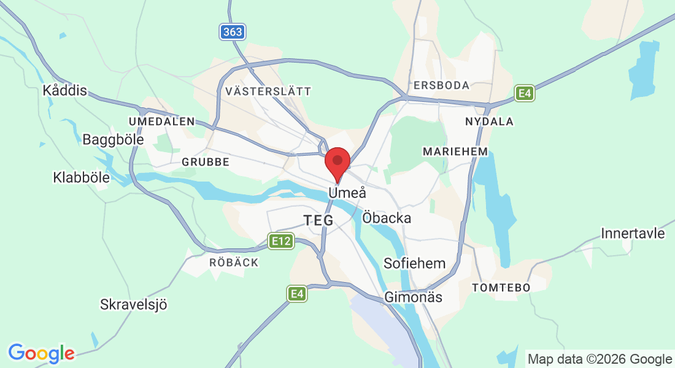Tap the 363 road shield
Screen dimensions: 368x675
click(233, 32)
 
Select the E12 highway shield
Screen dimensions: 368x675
click(281, 241)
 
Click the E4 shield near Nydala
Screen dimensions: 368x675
click(524, 93)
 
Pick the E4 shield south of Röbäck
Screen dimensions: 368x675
click(297, 294)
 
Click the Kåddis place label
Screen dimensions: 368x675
click(64, 91)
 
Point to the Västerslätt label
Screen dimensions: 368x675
click(268, 91)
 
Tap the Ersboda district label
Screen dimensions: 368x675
click(441, 85)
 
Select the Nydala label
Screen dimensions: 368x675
click(489, 121)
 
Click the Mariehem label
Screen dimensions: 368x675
click(455, 151)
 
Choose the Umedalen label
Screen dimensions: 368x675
click(161, 121)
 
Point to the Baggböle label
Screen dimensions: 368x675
click(113, 140)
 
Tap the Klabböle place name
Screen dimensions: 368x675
click(82, 178)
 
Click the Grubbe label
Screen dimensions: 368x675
click(206, 162)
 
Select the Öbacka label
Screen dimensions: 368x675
click(387, 218)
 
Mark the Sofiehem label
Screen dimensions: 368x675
click(414, 264)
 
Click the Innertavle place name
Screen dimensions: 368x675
click(633, 234)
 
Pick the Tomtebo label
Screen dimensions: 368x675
click(500, 287)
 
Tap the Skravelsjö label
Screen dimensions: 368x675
click(134, 304)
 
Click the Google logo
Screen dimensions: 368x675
click(41, 353)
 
